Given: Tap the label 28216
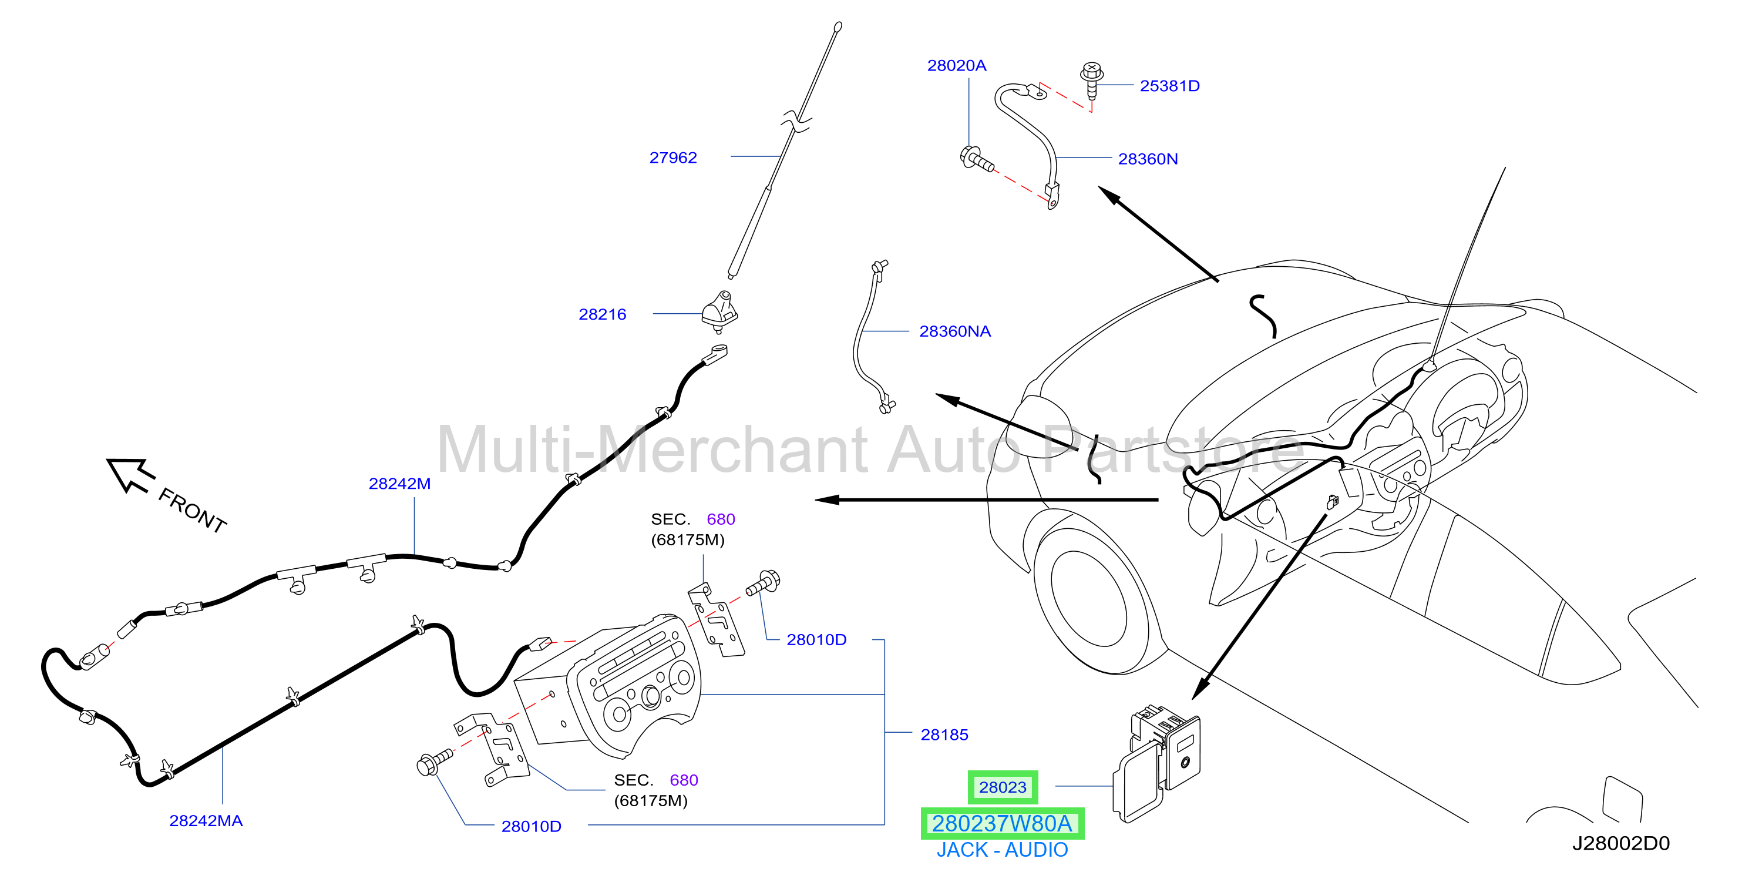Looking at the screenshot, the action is pos(602,314).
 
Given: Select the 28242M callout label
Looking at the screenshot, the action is pos(399,484).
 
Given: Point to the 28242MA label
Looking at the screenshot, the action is pos(206,821).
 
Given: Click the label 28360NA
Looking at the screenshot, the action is pos(954,331).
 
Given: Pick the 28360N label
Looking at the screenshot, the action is pos(1147,159).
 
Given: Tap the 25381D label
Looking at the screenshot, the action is pos(1169,86).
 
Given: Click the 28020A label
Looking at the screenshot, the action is pos(956,66).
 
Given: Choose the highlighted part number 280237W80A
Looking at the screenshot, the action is pos(1002,823).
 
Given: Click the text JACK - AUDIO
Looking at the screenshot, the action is pos(1001,850).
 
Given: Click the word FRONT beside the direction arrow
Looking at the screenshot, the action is pos(192,510).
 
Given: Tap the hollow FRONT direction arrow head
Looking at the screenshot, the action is pos(130,475).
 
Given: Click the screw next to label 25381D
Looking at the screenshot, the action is pos(1091,81).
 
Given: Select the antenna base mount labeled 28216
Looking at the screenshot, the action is pos(719,312).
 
